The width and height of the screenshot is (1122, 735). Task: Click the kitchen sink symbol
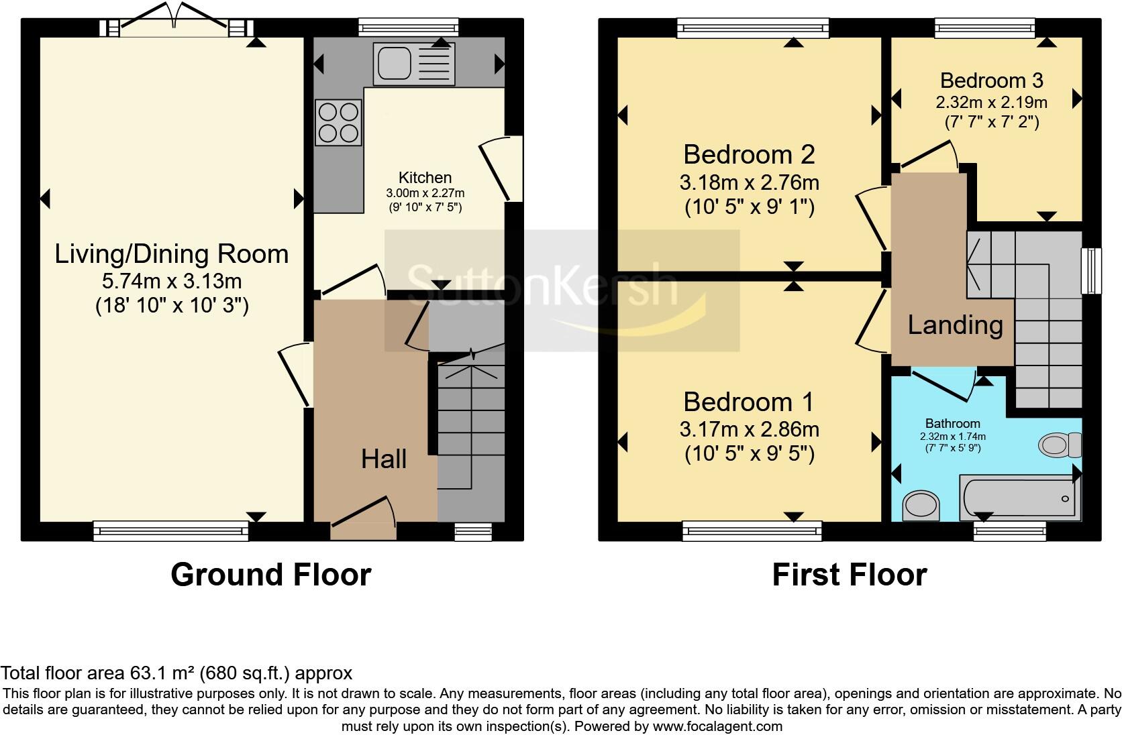coord(415,64)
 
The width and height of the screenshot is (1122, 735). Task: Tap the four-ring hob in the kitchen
coord(338,123)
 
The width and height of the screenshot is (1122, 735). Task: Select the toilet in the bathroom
coord(1060,444)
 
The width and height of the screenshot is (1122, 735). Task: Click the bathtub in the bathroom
coord(1019,498)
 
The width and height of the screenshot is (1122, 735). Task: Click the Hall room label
coord(384,459)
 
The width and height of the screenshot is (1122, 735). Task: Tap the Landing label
coord(955,325)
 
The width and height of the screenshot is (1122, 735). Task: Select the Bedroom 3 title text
coord(991,80)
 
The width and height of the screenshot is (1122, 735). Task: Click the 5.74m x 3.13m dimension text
coord(171,280)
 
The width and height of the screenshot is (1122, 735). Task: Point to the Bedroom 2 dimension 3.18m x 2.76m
coord(749,182)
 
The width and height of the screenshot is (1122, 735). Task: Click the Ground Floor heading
coord(270,575)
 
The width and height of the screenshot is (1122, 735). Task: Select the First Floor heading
coord(849,575)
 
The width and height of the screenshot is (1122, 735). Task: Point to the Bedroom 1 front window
coord(752,532)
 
